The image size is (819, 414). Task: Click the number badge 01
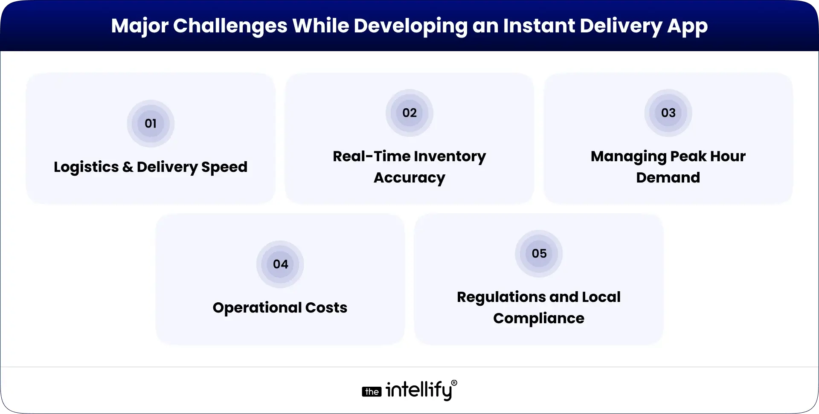tap(151, 124)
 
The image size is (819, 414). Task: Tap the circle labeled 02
tap(409, 113)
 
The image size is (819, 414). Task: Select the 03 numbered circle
tap(668, 113)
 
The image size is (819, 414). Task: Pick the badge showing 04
tap(280, 264)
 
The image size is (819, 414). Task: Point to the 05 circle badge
tap(539, 254)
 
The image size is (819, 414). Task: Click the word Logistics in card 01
tap(86, 167)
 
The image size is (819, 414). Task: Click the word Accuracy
tap(409, 178)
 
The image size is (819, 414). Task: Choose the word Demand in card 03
tap(668, 178)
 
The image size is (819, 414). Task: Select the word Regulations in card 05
tap(502, 297)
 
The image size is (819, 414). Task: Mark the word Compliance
tap(539, 318)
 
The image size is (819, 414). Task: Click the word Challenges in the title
tap(230, 26)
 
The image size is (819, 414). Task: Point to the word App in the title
tap(687, 26)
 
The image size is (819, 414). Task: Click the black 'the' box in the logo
tap(372, 392)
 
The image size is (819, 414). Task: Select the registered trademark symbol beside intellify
tap(454, 383)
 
